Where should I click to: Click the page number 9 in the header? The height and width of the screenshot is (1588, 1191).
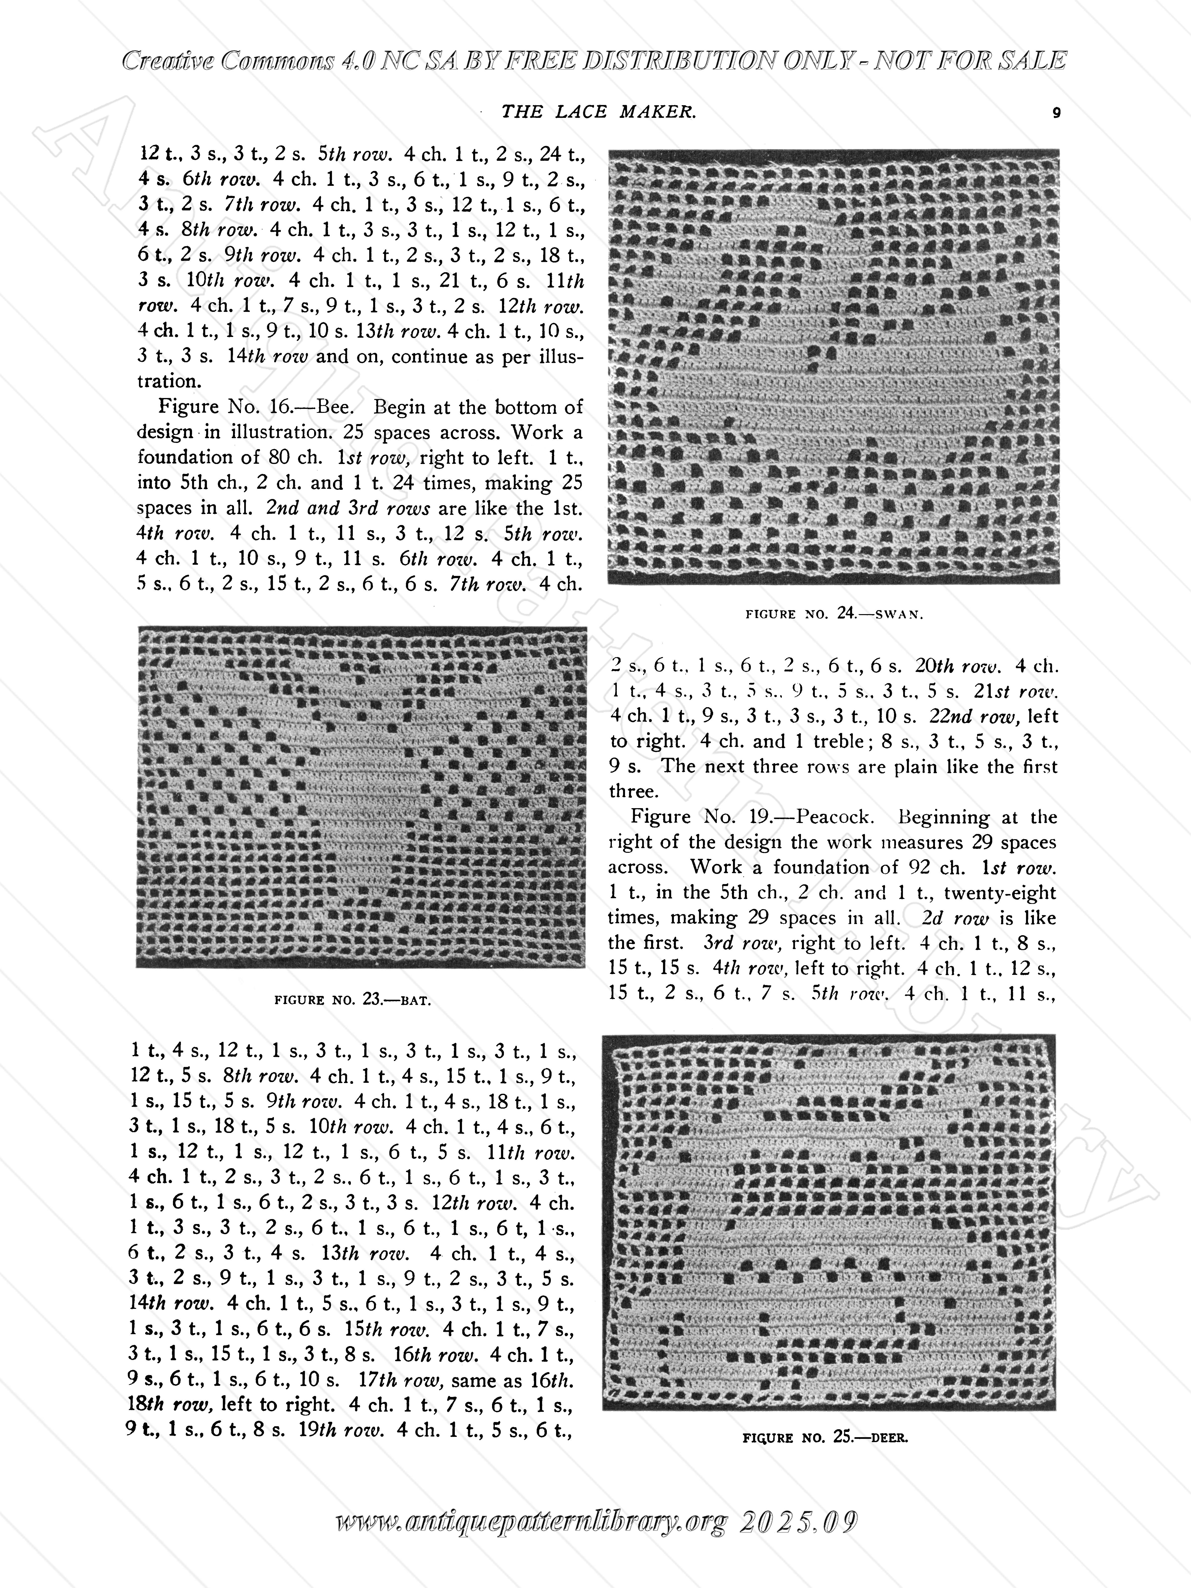pos(1055,113)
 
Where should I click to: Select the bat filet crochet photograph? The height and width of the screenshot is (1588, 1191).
pos(361,797)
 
